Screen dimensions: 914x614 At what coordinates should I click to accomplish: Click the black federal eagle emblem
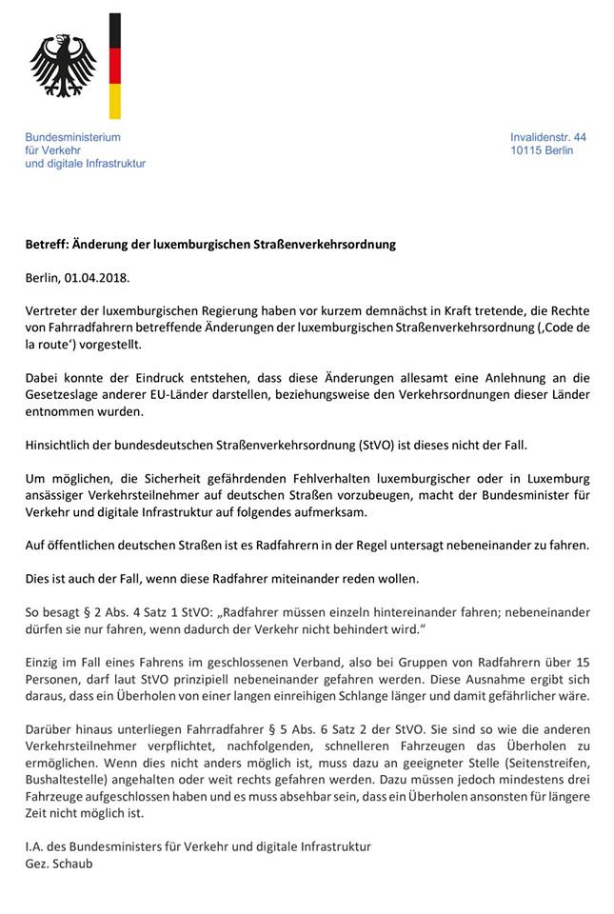(x=64, y=65)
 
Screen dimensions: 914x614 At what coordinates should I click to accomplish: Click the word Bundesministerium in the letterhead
(x=72, y=137)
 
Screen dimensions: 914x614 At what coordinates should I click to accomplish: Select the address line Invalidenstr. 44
(x=547, y=137)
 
